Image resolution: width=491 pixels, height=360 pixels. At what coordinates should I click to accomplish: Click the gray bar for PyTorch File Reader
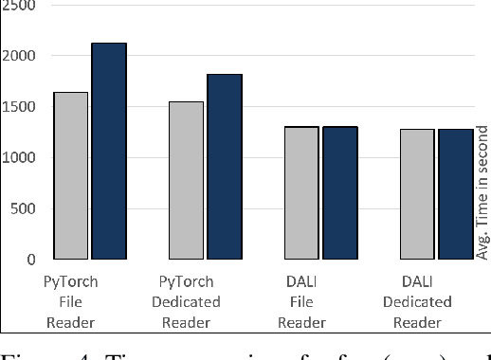[x=71, y=175]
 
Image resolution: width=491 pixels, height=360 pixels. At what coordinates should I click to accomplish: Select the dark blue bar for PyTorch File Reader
[x=109, y=151]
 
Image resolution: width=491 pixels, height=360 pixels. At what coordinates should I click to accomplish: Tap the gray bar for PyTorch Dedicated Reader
[x=186, y=180]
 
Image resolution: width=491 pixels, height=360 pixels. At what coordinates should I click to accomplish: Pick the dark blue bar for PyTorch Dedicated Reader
[x=225, y=167]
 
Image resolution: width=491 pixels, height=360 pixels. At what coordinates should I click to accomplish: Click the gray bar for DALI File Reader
[x=301, y=192]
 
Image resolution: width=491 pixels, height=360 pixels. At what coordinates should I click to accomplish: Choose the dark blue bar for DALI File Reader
[x=339, y=192]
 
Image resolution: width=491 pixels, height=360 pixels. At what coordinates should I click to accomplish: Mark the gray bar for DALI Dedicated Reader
[x=417, y=194]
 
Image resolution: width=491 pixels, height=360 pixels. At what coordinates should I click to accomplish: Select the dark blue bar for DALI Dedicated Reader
[x=455, y=194]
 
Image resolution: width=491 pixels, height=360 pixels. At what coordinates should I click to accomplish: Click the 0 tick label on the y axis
[x=30, y=260]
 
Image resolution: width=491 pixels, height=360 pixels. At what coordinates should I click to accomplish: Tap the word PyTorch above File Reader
[x=71, y=281]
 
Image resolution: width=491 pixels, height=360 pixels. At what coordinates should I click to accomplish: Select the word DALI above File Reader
[x=301, y=281]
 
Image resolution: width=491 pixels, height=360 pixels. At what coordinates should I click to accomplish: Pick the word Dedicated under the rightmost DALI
[x=417, y=302]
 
